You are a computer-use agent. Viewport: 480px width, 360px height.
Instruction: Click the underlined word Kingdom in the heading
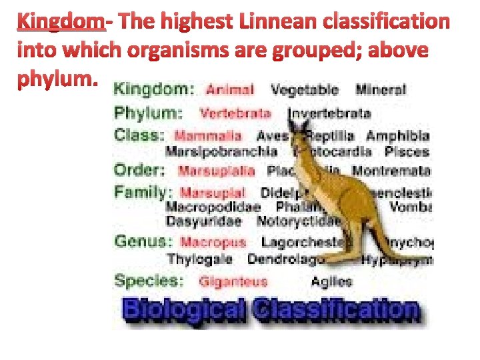pos(61,23)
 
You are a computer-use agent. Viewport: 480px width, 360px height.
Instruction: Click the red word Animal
pos(230,89)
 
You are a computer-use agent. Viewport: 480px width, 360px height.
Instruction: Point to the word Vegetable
pos(305,89)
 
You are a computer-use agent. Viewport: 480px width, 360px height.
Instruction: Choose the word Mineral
pos(380,89)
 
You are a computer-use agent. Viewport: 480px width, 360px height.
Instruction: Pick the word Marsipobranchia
pos(221,151)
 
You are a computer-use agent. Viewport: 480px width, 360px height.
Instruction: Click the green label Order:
pos(139,169)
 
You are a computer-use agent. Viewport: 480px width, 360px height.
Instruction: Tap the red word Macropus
pos(213,242)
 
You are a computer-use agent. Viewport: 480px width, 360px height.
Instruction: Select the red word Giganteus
pos(233,282)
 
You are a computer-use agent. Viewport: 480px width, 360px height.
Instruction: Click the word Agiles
pos(331,282)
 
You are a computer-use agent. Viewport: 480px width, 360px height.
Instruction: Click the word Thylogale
pos(199,259)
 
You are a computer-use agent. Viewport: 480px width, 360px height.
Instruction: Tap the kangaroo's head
pos(299,136)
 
